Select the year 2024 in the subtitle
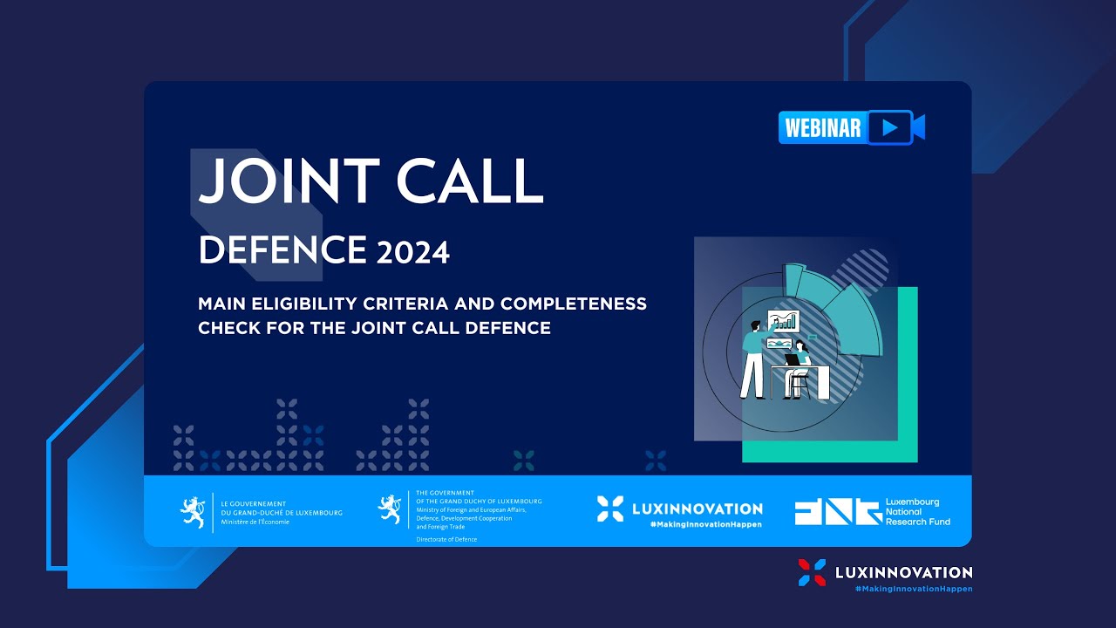413,253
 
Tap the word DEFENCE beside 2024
282,251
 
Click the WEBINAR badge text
822,128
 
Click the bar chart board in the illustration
782,321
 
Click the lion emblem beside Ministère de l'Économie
192,511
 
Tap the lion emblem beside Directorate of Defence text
389,509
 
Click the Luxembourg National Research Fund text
917,512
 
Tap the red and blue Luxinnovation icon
812,573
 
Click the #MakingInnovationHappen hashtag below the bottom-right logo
913,590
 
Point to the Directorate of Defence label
446,540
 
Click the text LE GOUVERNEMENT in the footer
254,503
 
